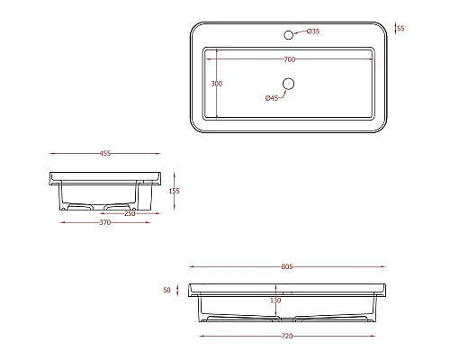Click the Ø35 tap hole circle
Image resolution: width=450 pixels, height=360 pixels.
click(289, 35)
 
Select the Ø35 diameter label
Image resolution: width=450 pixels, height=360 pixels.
click(313, 31)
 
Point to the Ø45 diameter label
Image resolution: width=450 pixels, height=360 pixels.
click(272, 98)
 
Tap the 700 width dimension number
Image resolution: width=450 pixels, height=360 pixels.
click(289, 58)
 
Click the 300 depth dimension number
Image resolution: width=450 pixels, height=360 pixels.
click(216, 83)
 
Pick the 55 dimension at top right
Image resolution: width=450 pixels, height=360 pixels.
click(400, 28)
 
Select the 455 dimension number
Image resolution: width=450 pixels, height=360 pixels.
click(107, 154)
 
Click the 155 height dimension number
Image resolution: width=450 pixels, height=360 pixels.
click(174, 191)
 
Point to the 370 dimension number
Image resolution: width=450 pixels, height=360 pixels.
click(104, 222)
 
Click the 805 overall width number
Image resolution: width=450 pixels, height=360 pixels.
click(287, 266)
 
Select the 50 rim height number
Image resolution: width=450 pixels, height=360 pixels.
click(166, 291)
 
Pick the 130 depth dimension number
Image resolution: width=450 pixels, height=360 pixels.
click(276, 301)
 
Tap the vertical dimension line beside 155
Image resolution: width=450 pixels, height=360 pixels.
click(165, 191)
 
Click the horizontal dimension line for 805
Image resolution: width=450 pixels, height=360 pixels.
click(234, 267)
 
